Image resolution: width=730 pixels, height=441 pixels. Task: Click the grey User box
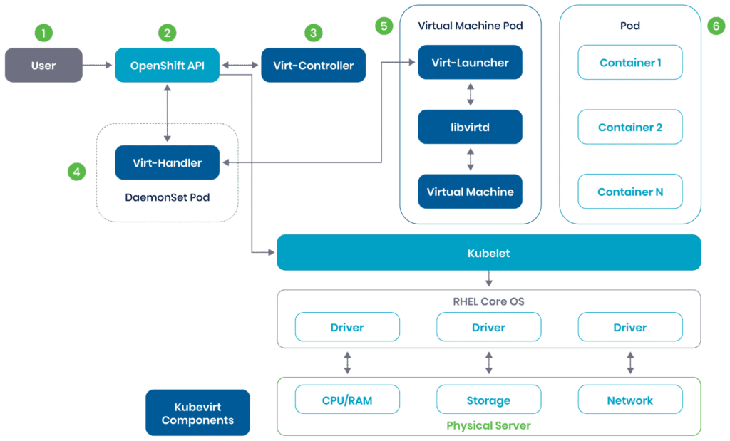click(43, 66)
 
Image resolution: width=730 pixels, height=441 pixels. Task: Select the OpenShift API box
click(167, 66)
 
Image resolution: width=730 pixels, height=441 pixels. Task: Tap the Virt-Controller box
click(314, 66)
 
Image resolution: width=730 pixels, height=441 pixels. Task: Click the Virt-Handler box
click(167, 163)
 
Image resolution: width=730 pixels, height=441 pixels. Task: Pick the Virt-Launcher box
click(470, 63)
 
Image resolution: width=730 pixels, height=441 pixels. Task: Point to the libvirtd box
click(470, 127)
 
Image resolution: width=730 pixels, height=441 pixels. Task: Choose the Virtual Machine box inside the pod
click(470, 192)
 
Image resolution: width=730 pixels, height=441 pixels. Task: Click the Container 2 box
click(630, 127)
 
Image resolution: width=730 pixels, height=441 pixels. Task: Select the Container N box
click(630, 192)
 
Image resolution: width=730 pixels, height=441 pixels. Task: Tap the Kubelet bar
click(488, 253)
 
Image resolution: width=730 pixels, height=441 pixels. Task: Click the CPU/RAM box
click(347, 400)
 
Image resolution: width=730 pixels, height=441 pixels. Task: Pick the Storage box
click(488, 400)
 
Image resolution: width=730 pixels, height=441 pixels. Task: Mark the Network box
click(630, 400)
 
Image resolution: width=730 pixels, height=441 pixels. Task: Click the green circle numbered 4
click(76, 171)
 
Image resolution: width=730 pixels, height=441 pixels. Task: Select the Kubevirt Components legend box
click(197, 413)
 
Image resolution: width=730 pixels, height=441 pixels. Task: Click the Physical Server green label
click(488, 425)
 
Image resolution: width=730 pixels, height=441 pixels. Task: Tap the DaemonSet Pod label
click(167, 197)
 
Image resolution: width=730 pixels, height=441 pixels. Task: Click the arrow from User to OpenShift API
click(98, 66)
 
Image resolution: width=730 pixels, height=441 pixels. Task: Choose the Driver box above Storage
click(488, 328)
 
